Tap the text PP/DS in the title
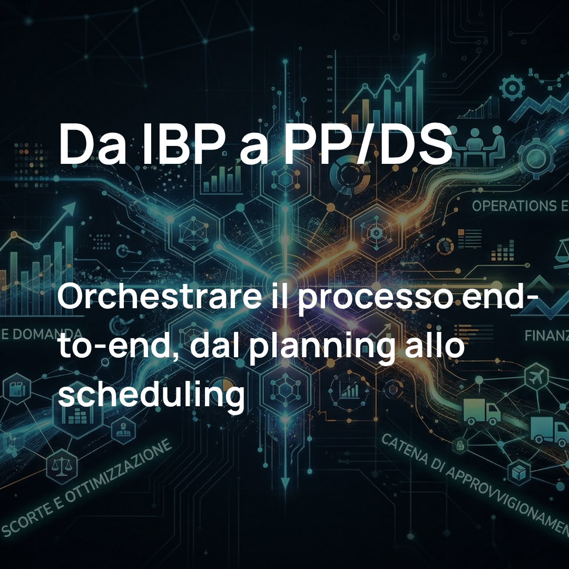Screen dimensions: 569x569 pos(368,143)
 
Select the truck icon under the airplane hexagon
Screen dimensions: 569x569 pos(482,411)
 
